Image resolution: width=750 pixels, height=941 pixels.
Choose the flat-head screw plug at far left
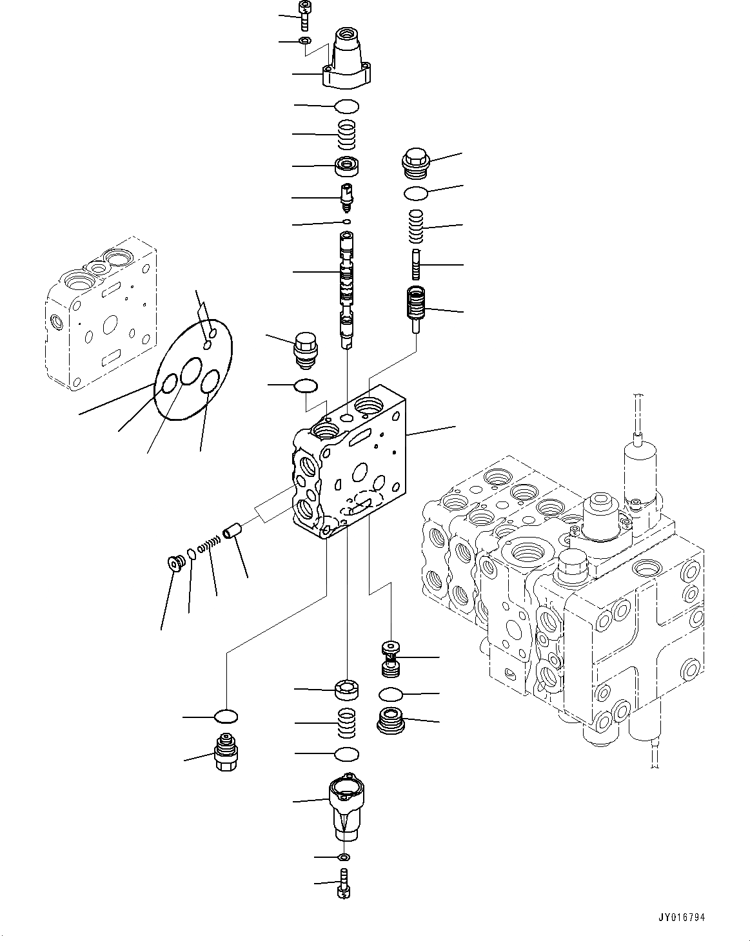[174, 563]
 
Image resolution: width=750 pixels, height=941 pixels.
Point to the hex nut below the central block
[347, 690]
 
